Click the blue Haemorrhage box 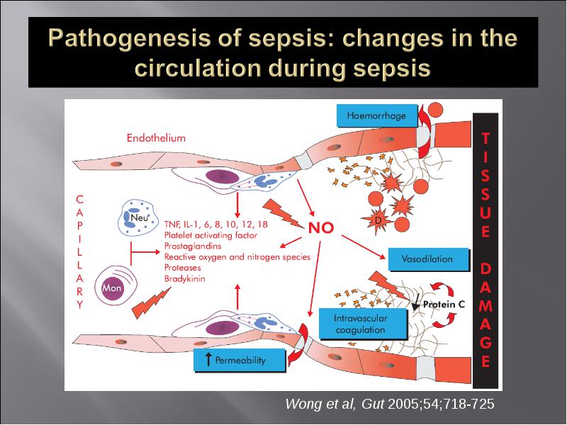coord(377,115)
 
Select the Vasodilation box coord(429,259)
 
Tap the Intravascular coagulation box coord(363,324)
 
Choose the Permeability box coord(240,360)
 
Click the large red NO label coord(321,228)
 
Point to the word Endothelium coord(156,138)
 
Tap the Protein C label coord(444,305)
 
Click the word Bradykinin coord(184,278)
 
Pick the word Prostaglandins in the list coord(193,246)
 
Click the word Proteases coord(182,268)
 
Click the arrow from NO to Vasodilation coord(364,247)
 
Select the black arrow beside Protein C coord(416,302)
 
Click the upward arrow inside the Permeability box coord(208,359)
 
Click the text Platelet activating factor coord(210,235)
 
